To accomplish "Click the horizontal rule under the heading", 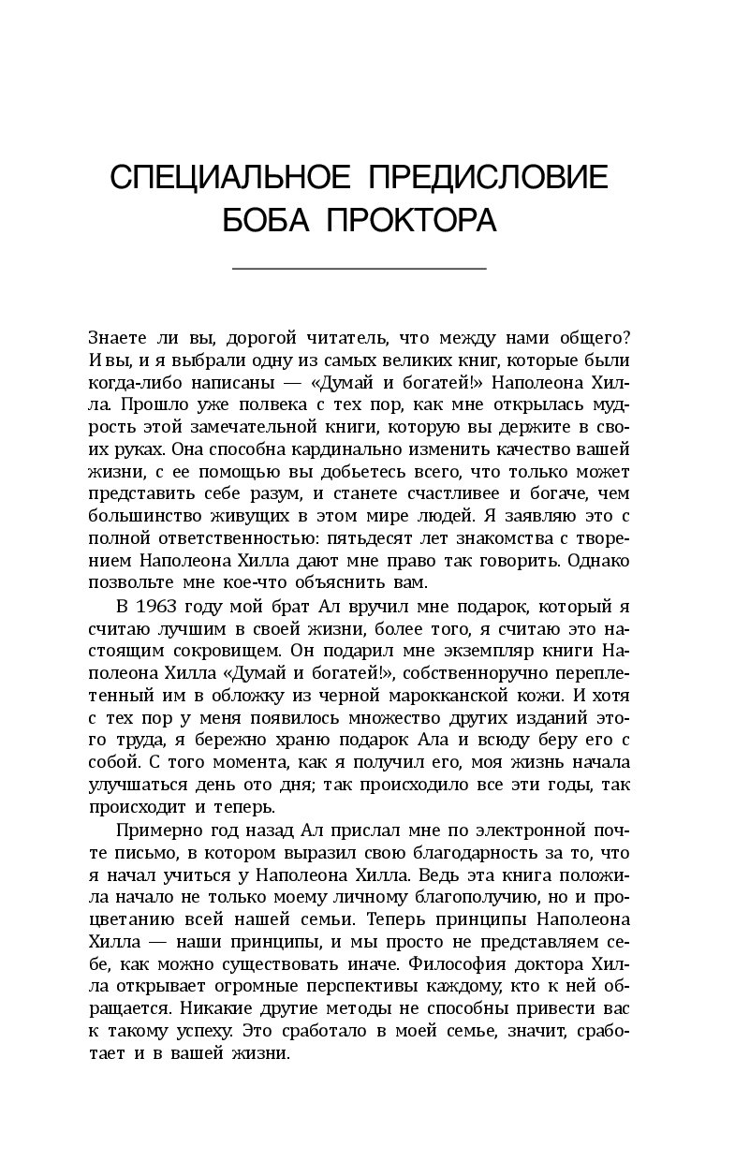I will (359, 270).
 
